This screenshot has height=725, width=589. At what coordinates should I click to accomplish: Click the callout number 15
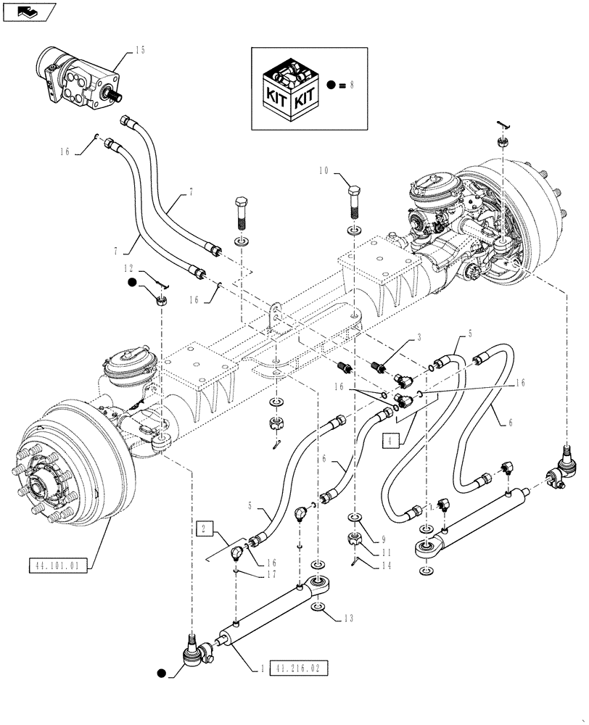pos(140,50)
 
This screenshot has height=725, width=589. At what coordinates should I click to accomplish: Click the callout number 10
pos(324,171)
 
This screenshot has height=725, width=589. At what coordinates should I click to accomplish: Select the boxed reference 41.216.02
pos(298,667)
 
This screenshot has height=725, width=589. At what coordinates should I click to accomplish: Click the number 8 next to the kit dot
pos(353,85)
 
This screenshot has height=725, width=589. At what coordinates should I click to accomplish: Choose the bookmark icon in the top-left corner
pos(27,11)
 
